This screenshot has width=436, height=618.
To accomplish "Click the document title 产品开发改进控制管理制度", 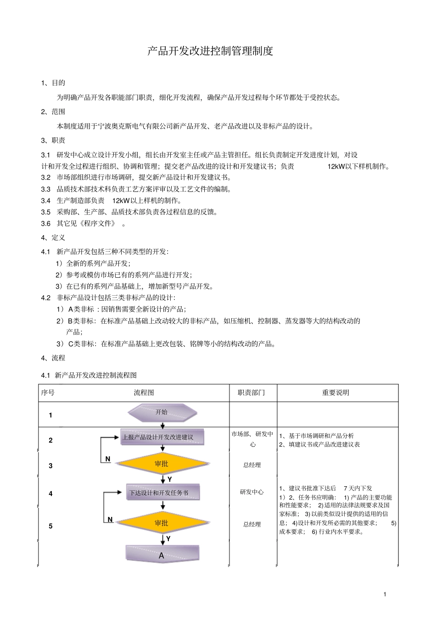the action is (x=210, y=51).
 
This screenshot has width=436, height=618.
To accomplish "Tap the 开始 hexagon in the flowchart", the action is (x=162, y=412).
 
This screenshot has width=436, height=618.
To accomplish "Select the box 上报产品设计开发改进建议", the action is (x=162, y=437).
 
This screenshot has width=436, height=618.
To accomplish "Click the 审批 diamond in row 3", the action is (x=162, y=464).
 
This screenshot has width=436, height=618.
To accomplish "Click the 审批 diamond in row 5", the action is (x=162, y=523).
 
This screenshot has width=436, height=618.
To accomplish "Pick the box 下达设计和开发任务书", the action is (x=162, y=493).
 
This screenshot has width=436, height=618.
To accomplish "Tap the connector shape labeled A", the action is (x=162, y=555).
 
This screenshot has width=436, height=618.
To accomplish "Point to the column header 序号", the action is (x=48, y=393).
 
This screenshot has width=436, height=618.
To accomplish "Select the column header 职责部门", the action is (x=251, y=393).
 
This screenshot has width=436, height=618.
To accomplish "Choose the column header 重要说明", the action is (x=335, y=393).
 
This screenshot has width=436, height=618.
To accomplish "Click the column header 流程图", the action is (x=144, y=393).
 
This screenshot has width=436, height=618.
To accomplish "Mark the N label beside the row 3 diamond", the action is (x=108, y=459).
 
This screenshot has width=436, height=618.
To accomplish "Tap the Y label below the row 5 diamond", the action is (x=168, y=539).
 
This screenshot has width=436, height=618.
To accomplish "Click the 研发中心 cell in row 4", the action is (x=252, y=492).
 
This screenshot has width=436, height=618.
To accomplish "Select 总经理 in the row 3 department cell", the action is (x=252, y=465).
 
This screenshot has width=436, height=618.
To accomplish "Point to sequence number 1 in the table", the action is (x=50, y=415).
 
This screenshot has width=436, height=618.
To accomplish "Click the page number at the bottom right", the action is (x=385, y=594).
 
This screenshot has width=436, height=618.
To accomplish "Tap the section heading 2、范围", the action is (x=53, y=112).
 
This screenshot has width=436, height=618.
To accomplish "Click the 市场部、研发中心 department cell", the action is (x=252, y=439).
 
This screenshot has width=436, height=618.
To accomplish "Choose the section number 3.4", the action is (x=45, y=201).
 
